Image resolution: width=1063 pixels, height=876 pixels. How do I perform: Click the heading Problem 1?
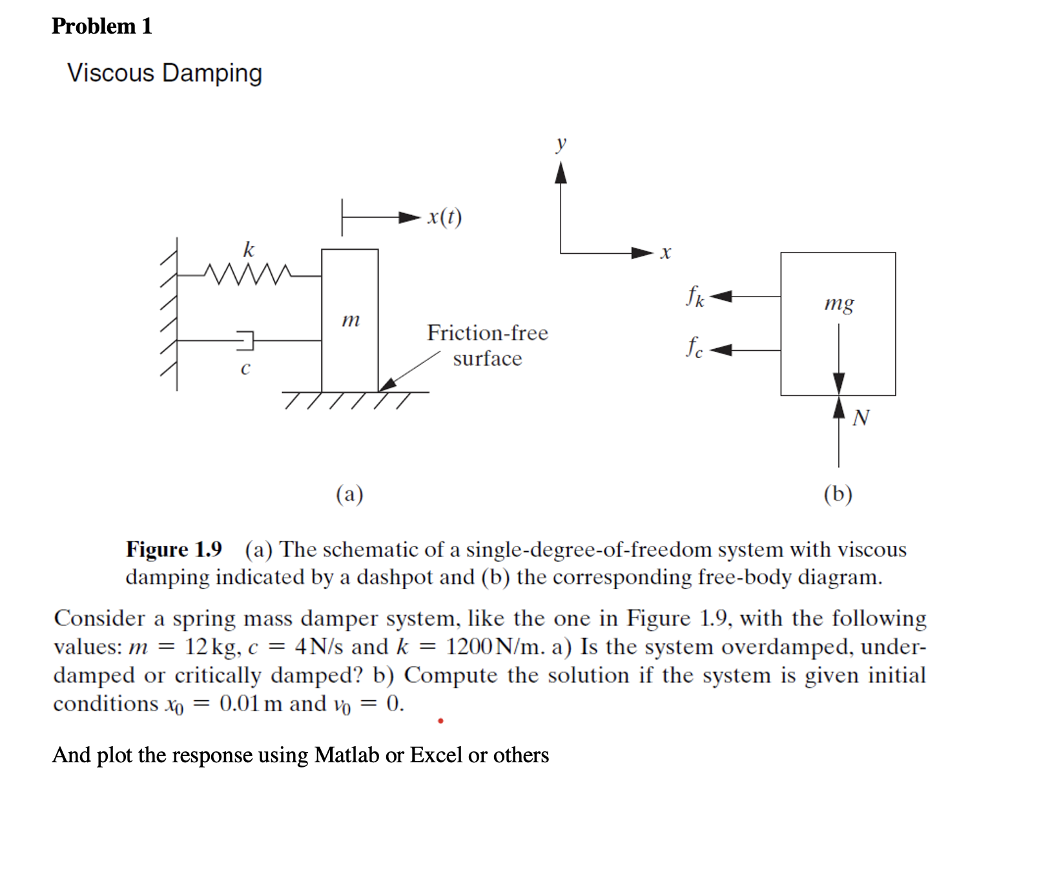(101, 26)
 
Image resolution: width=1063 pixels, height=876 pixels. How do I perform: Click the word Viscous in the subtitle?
(110, 73)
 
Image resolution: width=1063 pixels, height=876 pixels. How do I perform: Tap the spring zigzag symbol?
(247, 275)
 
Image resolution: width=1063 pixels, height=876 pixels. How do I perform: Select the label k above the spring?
(249, 249)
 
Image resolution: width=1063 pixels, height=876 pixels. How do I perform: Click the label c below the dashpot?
(245, 369)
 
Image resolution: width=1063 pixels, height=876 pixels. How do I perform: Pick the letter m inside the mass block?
(350, 319)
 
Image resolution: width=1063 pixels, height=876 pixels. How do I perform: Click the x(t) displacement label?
(444, 217)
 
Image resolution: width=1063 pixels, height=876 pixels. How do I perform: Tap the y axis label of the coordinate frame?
(561, 143)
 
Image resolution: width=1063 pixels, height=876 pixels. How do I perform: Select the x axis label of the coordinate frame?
(666, 253)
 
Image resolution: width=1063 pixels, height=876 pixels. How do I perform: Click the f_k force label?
(695, 297)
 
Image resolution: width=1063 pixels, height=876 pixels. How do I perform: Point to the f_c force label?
(694, 348)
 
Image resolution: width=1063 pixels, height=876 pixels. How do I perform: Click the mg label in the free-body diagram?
(839, 303)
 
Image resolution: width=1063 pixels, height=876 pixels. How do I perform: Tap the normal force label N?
(860, 418)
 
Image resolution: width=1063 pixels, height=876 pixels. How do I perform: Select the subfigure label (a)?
(349, 494)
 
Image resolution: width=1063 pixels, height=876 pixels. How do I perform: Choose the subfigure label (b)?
(838, 494)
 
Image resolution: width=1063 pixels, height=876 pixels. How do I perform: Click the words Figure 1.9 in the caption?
(174, 549)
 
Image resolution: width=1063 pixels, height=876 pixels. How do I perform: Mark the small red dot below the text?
(440, 720)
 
